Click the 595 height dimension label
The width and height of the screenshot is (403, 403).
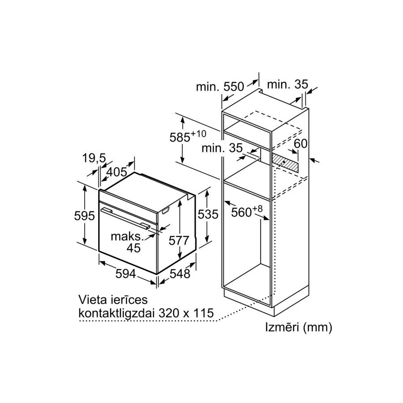pyautogui.click(x=84, y=216)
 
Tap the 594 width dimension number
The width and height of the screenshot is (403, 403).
pyautogui.click(x=125, y=274)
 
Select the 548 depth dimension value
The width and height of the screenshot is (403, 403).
pyautogui.click(x=180, y=274)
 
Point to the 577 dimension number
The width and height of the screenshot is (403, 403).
pyautogui.click(x=179, y=240)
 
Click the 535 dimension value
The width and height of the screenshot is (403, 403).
pyautogui.click(x=208, y=214)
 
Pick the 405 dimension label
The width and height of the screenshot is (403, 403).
pyautogui.click(x=117, y=172)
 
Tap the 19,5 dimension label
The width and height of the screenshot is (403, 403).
pyautogui.click(x=94, y=159)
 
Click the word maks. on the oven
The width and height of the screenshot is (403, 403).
pyautogui.click(x=127, y=237)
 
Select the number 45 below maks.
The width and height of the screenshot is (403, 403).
pyautogui.click(x=133, y=248)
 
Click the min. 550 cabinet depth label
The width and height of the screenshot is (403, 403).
pyautogui.click(x=220, y=86)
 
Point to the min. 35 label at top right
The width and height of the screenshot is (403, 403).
pyautogui.click(x=287, y=84)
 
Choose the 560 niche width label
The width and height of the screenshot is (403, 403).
pyautogui.click(x=247, y=212)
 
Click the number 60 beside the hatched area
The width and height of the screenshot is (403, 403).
pyautogui.click(x=300, y=144)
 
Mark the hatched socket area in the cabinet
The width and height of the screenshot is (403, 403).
pyautogui.click(x=285, y=163)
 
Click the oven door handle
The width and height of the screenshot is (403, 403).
pyautogui.click(x=126, y=218)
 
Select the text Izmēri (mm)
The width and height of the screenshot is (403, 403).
pyautogui.click(x=299, y=328)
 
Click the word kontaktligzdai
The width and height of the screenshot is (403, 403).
pyautogui.click(x=116, y=313)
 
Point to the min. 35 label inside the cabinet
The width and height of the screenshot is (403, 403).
pyautogui.click(x=222, y=148)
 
